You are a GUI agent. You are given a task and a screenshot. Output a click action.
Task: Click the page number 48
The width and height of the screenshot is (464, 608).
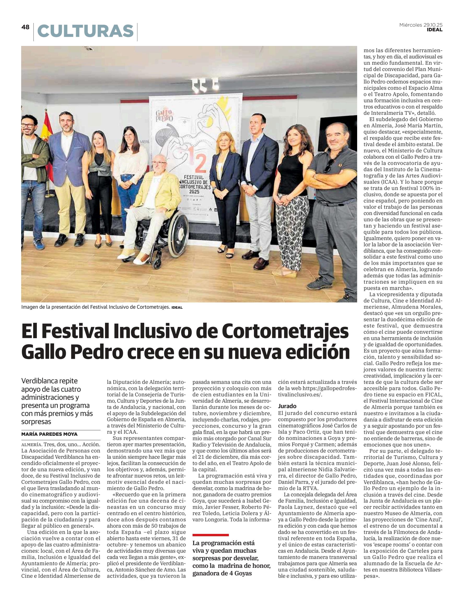(25, 27)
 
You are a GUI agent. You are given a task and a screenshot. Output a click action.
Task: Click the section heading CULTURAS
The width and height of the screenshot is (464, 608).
(85, 31)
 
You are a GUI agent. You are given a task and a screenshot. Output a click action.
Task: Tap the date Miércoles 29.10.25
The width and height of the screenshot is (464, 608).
(421, 25)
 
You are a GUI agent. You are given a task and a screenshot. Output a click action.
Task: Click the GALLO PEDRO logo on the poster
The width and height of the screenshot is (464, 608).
(164, 116)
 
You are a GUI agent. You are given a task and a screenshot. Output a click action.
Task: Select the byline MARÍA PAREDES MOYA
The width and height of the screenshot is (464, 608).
(49, 434)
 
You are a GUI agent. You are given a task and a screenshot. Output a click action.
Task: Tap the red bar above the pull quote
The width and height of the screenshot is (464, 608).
(211, 535)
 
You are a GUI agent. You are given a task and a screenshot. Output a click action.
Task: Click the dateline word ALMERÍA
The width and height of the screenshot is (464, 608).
(32, 445)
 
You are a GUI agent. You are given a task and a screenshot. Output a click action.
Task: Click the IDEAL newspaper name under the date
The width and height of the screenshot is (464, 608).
(434, 30)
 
